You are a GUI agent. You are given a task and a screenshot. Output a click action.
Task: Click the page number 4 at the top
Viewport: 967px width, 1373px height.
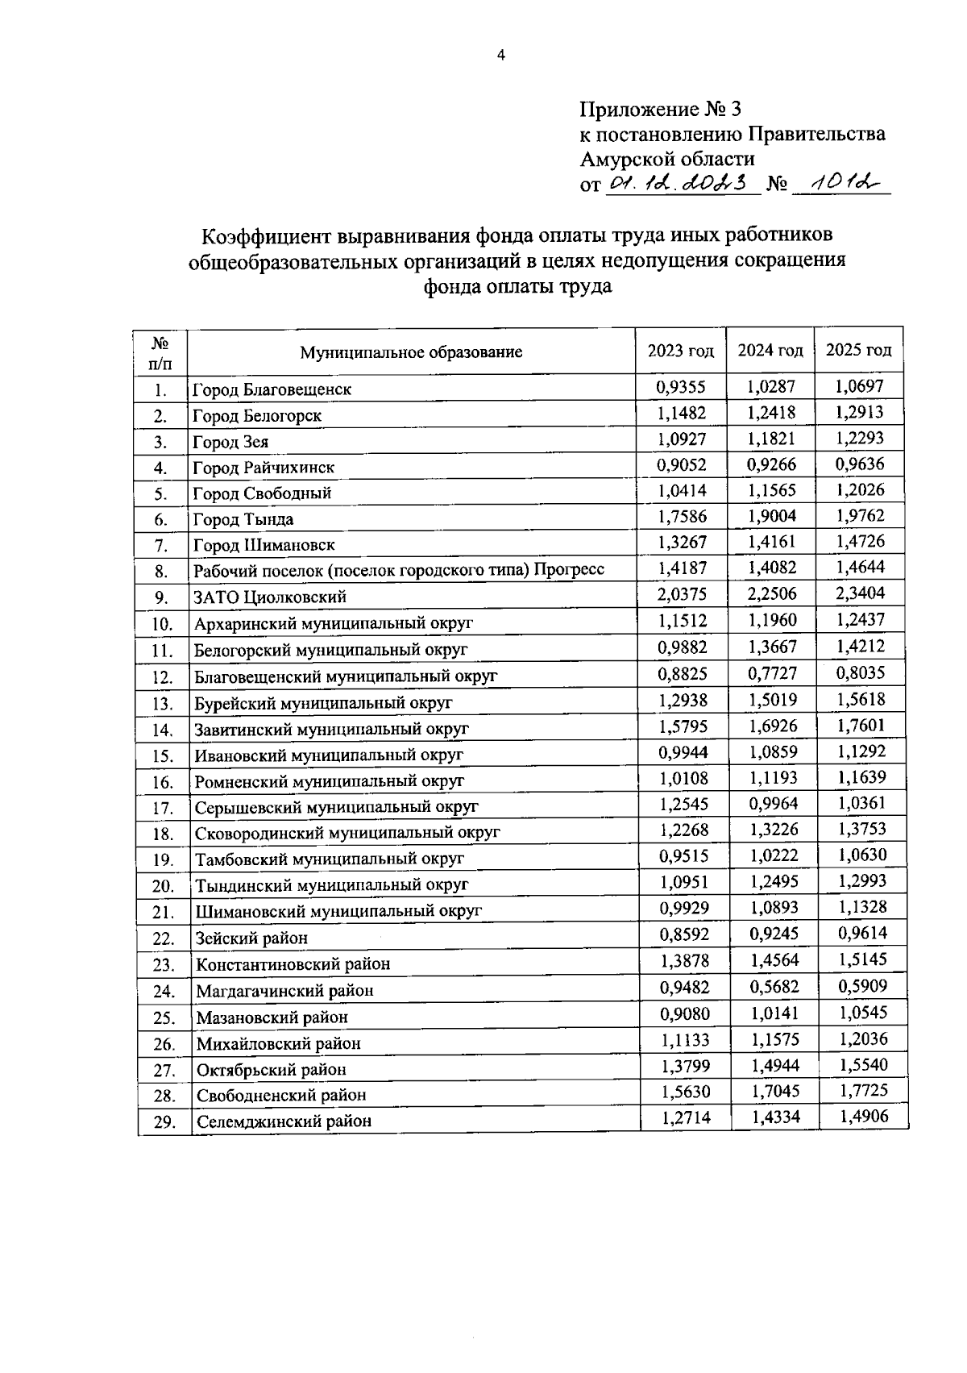click(501, 55)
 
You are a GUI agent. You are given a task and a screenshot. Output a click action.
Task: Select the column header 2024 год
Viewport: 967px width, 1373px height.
click(770, 351)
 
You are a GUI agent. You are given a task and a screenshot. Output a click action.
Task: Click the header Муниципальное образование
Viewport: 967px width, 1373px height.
click(411, 352)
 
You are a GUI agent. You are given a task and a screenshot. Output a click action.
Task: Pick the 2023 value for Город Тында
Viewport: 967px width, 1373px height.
click(681, 516)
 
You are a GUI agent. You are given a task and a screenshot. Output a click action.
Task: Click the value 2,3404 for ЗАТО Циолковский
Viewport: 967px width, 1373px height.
click(860, 593)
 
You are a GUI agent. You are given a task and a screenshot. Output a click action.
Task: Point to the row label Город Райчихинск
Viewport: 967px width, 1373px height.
click(264, 468)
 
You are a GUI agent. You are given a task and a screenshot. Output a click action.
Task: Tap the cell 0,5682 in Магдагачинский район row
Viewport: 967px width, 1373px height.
click(773, 986)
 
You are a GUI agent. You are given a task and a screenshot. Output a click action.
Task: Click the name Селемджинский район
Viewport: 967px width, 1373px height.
click(284, 1121)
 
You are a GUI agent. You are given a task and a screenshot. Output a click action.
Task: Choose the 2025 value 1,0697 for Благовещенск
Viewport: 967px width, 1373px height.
click(860, 386)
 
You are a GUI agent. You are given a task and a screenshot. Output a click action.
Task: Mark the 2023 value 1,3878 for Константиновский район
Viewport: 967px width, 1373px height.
click(684, 960)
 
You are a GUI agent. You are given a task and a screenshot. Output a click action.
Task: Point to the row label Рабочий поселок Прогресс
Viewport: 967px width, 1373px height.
click(399, 571)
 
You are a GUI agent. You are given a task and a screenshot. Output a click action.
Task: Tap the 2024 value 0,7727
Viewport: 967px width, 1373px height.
click(772, 672)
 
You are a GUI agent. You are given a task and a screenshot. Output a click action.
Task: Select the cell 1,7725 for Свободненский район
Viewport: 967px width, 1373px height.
click(863, 1091)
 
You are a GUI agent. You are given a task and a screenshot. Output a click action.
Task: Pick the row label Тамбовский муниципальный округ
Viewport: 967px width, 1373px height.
click(330, 859)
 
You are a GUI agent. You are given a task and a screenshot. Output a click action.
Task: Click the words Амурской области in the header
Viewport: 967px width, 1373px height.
click(667, 159)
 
